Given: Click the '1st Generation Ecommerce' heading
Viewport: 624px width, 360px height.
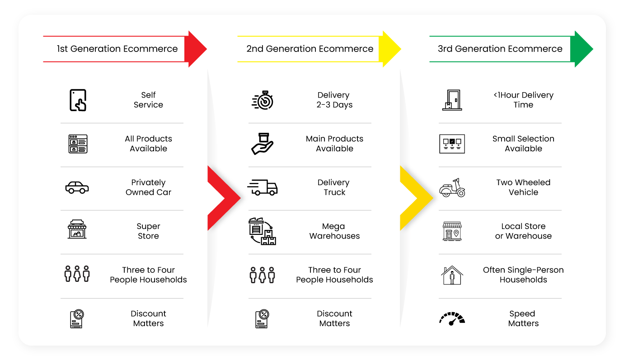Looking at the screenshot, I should pos(117,49).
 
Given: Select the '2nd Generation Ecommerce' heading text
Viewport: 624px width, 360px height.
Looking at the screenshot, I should pos(310,49).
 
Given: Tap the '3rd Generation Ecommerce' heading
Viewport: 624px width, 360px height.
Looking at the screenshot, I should pos(500,49).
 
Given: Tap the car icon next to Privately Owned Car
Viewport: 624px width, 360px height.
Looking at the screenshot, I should pos(77,187).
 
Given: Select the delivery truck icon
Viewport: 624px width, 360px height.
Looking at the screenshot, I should pos(263,187).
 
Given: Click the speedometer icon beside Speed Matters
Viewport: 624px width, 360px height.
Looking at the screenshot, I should pos(452,319).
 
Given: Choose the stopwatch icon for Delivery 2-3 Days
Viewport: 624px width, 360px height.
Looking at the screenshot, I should pos(263,100).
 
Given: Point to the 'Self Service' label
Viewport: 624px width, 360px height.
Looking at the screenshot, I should pos(148,100).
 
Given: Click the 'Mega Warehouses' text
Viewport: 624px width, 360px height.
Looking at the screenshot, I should pos(334,231).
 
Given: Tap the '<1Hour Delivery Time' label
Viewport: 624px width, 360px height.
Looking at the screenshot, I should pos(523,100).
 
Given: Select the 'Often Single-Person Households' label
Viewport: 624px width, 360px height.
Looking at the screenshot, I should pos(523,275).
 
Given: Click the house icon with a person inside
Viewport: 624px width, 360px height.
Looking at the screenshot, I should pos(452,275).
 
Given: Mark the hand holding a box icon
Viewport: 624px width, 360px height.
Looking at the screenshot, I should pos(263,144).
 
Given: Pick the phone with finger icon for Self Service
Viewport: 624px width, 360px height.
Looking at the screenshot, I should pos(78,100).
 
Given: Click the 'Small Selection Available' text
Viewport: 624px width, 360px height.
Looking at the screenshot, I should pos(523,144).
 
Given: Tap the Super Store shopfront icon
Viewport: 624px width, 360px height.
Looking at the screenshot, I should pos(77,229).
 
